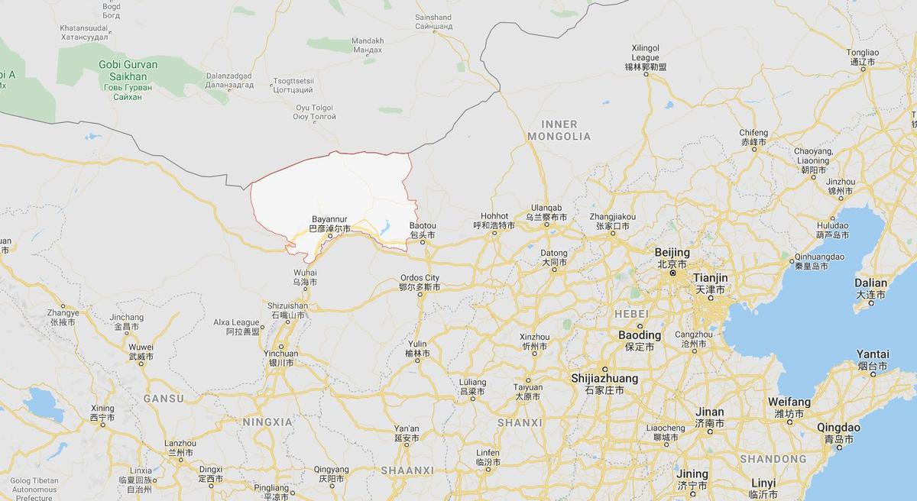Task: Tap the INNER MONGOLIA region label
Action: pyautogui.click(x=565, y=130)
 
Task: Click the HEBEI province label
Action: pyautogui.click(x=631, y=314)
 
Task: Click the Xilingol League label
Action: pyautogui.click(x=646, y=53)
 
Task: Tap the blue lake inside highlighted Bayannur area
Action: pyautogui.click(x=385, y=228)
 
